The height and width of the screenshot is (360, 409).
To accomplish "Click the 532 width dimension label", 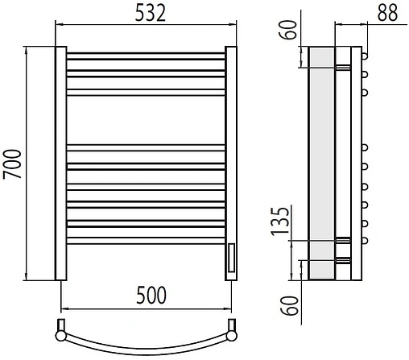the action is (151, 13).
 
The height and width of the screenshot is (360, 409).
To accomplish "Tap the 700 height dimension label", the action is (12, 164).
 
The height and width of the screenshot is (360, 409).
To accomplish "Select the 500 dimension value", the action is (151, 296).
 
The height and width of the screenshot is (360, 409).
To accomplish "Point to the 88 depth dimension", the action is (387, 13).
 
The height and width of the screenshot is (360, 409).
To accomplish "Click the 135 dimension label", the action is (280, 221).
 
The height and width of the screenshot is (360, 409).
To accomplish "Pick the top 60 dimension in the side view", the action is (289, 30).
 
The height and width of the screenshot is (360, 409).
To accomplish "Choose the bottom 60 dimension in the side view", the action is (289, 305).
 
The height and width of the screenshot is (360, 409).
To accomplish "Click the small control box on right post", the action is (231, 258).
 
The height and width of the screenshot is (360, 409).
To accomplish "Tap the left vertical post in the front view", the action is (61, 163).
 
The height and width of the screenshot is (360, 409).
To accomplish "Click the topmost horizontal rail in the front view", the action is (146, 56).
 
